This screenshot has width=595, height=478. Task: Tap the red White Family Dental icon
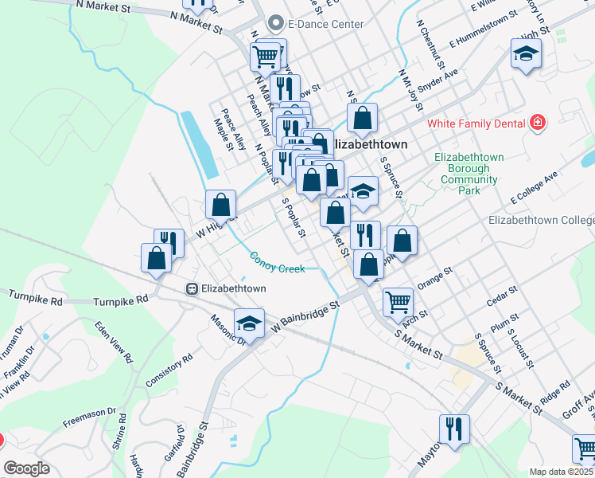tap(539, 123)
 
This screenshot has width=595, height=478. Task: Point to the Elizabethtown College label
tap(541, 220)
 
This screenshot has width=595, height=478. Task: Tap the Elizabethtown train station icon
tap(191, 288)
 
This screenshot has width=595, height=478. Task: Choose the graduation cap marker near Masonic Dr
tap(250, 323)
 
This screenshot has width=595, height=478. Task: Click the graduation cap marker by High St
tap(524, 54)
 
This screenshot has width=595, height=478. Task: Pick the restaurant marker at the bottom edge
tap(454, 428)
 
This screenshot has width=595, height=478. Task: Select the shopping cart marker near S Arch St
tap(398, 302)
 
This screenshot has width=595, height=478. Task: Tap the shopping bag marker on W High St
tap(221, 204)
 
